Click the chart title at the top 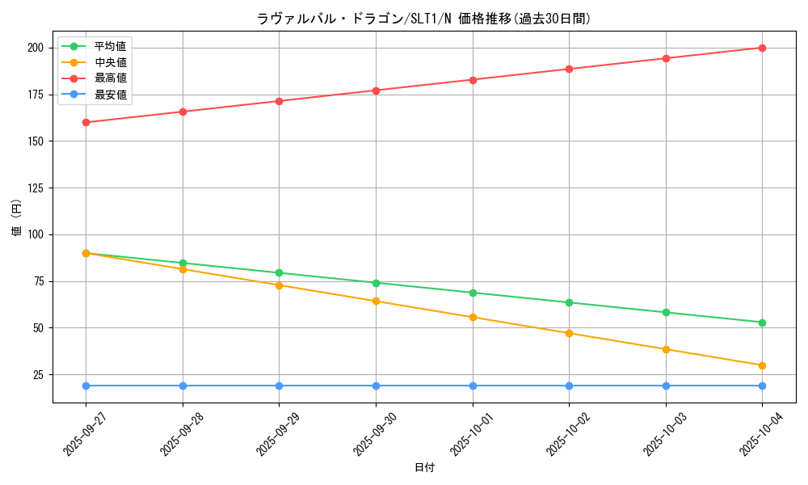[x=423, y=19]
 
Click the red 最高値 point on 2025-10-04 [x=762, y=48]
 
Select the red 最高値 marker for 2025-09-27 [x=86, y=122]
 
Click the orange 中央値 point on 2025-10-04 [x=762, y=365]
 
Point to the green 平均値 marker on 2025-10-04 [x=762, y=323]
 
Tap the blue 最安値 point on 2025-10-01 [x=473, y=386]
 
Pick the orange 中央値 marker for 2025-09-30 [x=376, y=301]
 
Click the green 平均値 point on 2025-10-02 [x=569, y=302]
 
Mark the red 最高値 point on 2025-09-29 [x=279, y=101]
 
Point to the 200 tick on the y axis [x=35, y=48]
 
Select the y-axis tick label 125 [x=35, y=188]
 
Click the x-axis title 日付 [x=423, y=468]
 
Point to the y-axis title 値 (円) [x=17, y=217]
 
